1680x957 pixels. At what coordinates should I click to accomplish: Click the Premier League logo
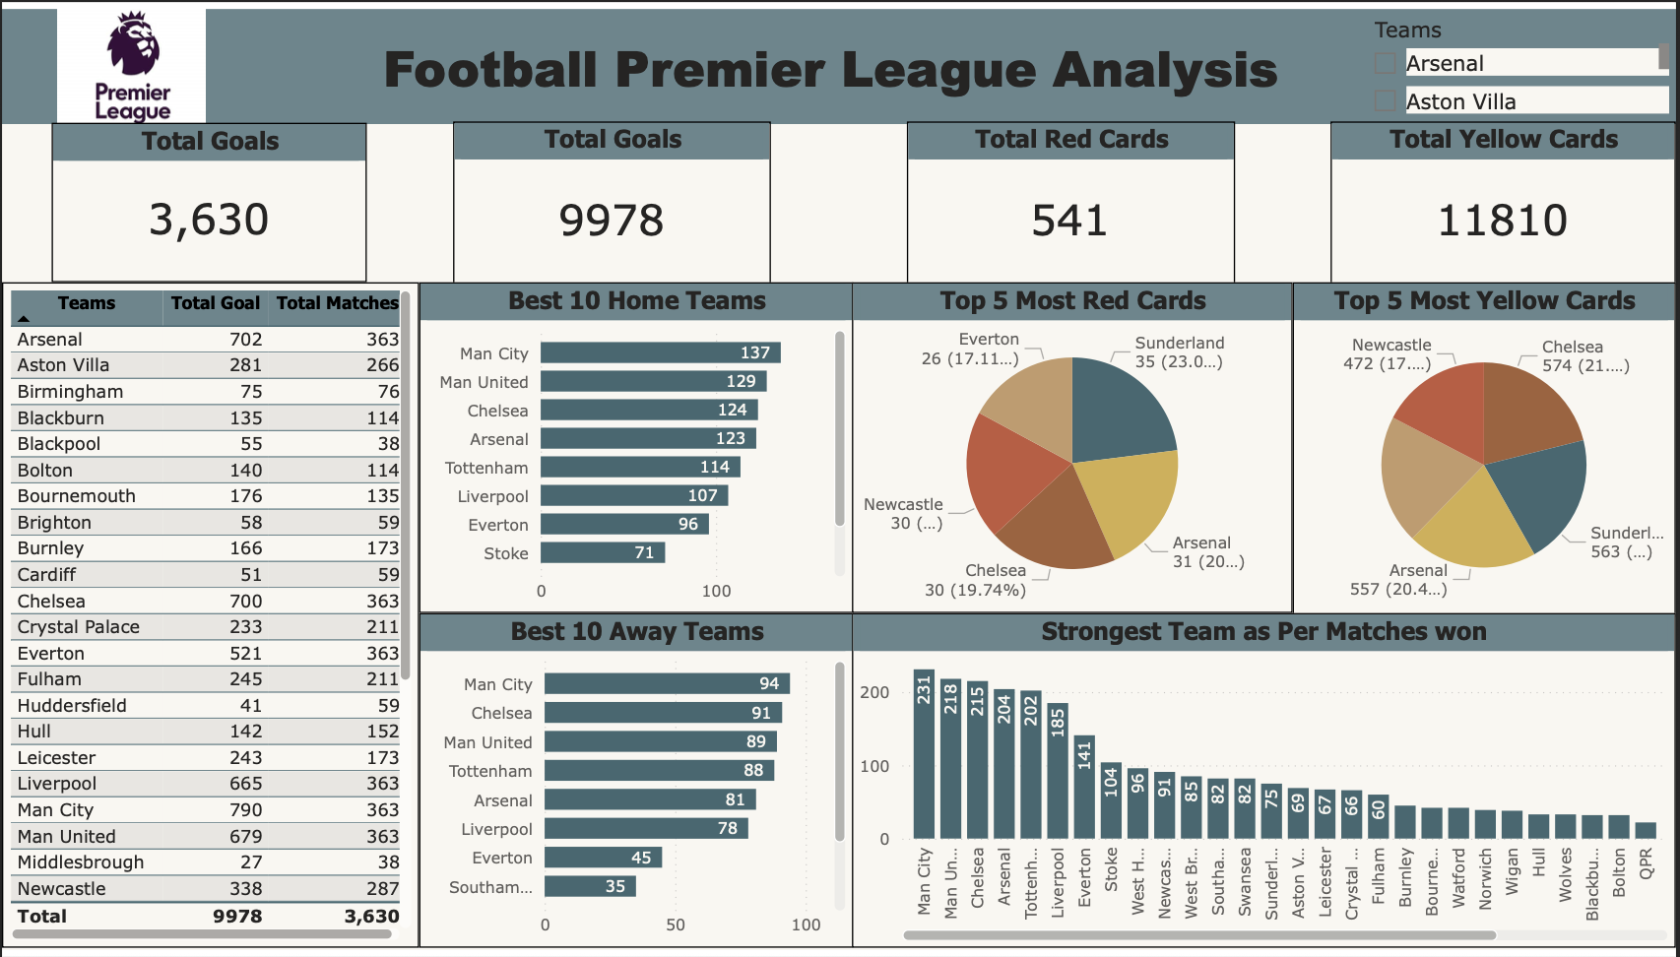click(132, 66)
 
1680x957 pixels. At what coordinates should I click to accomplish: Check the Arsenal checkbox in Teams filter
click(1385, 64)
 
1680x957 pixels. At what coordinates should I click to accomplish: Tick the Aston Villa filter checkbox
click(1385, 101)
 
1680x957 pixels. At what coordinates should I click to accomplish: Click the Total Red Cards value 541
click(1069, 221)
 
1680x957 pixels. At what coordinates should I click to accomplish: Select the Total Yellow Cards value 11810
click(1502, 221)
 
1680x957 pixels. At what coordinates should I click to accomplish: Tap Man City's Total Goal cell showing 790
click(245, 810)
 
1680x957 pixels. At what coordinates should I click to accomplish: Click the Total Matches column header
click(337, 303)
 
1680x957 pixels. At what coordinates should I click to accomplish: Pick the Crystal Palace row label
click(79, 627)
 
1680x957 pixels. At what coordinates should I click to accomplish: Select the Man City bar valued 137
click(660, 352)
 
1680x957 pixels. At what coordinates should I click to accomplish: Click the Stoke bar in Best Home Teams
click(603, 553)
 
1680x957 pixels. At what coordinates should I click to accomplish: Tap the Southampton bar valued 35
click(590, 886)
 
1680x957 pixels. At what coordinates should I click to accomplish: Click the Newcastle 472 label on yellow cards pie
click(1389, 354)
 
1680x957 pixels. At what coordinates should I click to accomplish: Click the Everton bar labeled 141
click(1084, 788)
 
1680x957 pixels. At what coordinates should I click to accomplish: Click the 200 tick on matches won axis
click(874, 692)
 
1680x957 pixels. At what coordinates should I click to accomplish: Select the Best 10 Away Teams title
click(636, 632)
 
